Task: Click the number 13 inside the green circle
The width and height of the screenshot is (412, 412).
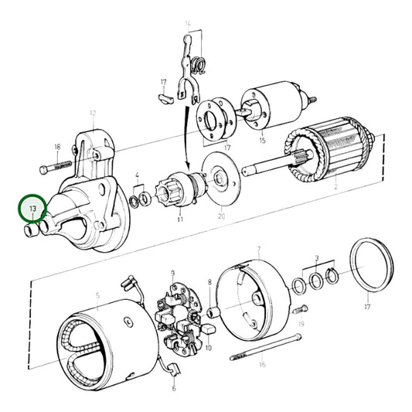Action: pyautogui.click(x=32, y=209)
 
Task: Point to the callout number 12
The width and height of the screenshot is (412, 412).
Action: pyautogui.click(x=92, y=113)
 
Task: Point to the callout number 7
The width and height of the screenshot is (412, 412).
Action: pyautogui.click(x=259, y=249)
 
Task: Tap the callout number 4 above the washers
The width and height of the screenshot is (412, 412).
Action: pyautogui.click(x=137, y=175)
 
